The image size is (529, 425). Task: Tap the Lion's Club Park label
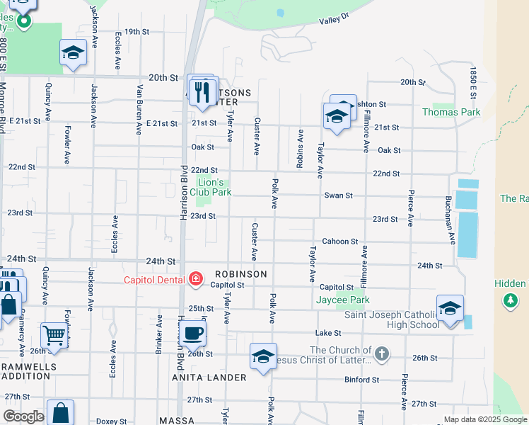[210, 187]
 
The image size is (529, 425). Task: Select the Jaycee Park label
[342, 300]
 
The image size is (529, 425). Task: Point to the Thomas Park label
[451, 112]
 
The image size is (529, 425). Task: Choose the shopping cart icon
[53, 334]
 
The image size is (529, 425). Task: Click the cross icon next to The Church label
[381, 353]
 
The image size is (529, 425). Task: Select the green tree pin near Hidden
[510, 301]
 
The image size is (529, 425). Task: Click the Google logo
[23, 416]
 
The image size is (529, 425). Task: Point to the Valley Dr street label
[335, 21]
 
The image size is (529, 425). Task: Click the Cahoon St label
[339, 242]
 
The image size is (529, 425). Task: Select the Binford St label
[362, 380]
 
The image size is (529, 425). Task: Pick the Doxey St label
[111, 421]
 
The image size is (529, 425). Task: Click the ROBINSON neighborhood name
[241, 274]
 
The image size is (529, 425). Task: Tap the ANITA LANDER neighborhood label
[209, 378]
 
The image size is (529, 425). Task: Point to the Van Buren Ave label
[140, 109]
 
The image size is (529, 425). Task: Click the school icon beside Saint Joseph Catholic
[450, 308]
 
